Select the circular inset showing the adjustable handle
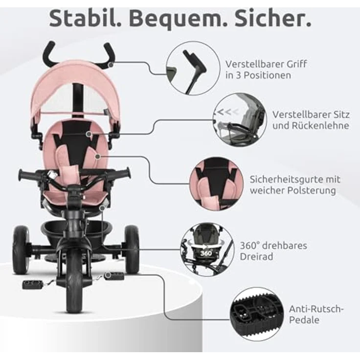[193, 68]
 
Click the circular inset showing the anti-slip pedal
[257, 314]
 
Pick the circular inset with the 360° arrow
[207, 249]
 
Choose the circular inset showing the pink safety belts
[217, 184]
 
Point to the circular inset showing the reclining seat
[240, 120]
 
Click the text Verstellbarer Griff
[266, 64]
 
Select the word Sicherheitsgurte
[287, 180]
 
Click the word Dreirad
[256, 256]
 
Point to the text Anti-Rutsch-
[316, 309]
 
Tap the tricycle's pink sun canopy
[75, 89]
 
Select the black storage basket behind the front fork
[77, 232]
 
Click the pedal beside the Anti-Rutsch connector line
[114, 276]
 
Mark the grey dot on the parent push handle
[111, 65]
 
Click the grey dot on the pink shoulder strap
[98, 157]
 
